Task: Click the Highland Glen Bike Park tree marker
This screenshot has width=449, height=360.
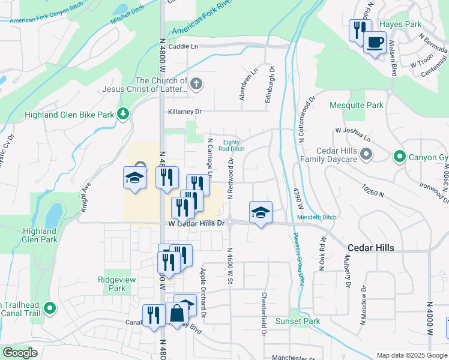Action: pyautogui.click(x=123, y=113)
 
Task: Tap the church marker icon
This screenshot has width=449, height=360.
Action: pyautogui.click(x=196, y=84)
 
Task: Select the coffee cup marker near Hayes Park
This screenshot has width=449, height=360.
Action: pyautogui.click(x=375, y=43)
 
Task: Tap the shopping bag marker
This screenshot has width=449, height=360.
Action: pyautogui.click(x=178, y=313)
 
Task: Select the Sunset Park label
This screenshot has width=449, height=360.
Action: pyautogui.click(x=298, y=321)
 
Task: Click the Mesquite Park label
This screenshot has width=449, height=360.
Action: pyautogui.click(x=357, y=106)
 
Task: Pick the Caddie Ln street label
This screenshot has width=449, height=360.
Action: pyautogui.click(x=182, y=46)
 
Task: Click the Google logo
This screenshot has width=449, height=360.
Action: pyautogui.click(x=20, y=353)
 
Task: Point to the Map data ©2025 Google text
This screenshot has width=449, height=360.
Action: pyautogui.click(x=411, y=355)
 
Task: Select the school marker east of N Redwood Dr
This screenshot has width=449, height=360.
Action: pyautogui.click(x=260, y=213)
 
